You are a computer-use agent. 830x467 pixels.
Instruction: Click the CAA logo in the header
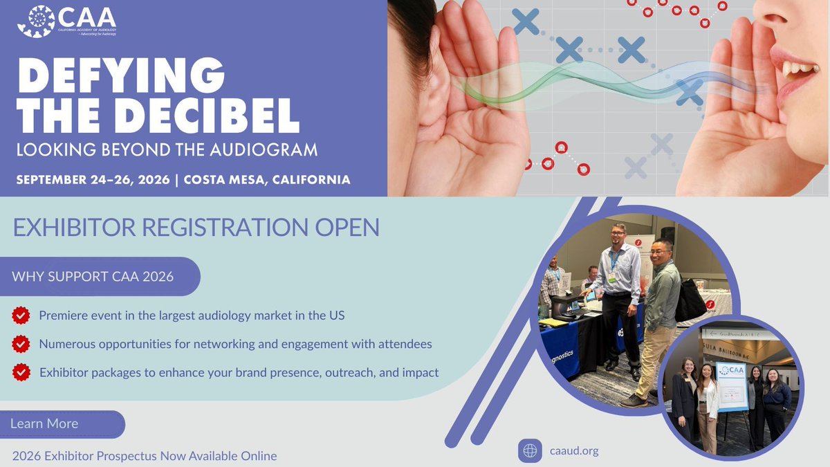[x=66, y=21]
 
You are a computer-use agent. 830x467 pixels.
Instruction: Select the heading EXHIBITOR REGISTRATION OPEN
[x=196, y=228]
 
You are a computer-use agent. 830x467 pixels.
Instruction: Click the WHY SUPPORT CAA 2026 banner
[x=93, y=277]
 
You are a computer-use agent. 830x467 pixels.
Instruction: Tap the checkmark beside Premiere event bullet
[x=21, y=315]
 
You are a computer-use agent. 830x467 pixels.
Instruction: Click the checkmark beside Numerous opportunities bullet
[x=21, y=344]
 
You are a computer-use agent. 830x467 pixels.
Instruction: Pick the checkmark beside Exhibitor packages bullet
[x=21, y=372]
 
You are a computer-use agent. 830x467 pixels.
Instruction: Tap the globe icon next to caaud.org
[x=531, y=451]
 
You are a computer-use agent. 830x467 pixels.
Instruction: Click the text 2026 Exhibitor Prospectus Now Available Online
[x=145, y=456]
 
